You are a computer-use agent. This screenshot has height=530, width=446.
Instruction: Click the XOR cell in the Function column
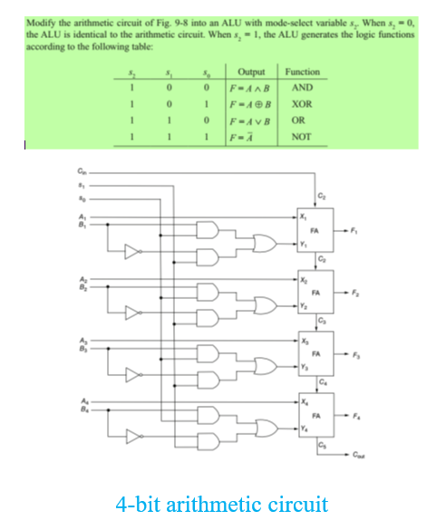302,104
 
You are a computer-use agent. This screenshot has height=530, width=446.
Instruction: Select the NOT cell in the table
302,137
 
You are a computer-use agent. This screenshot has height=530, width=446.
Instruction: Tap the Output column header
250,72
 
